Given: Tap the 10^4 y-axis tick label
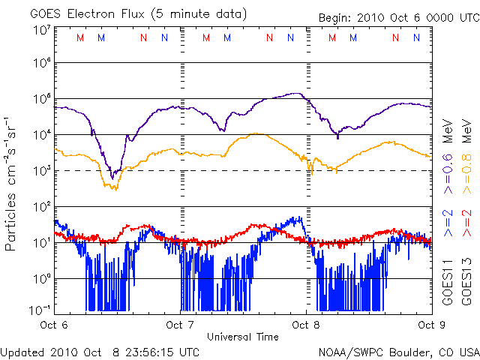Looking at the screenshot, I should (41, 135).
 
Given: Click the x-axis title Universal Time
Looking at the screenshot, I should (242, 337).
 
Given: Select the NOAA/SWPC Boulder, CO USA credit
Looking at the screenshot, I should (398, 351).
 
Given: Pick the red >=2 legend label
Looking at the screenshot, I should (466, 223).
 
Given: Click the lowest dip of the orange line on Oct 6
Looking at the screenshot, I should (115, 189).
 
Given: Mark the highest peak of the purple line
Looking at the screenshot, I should (298, 94).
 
